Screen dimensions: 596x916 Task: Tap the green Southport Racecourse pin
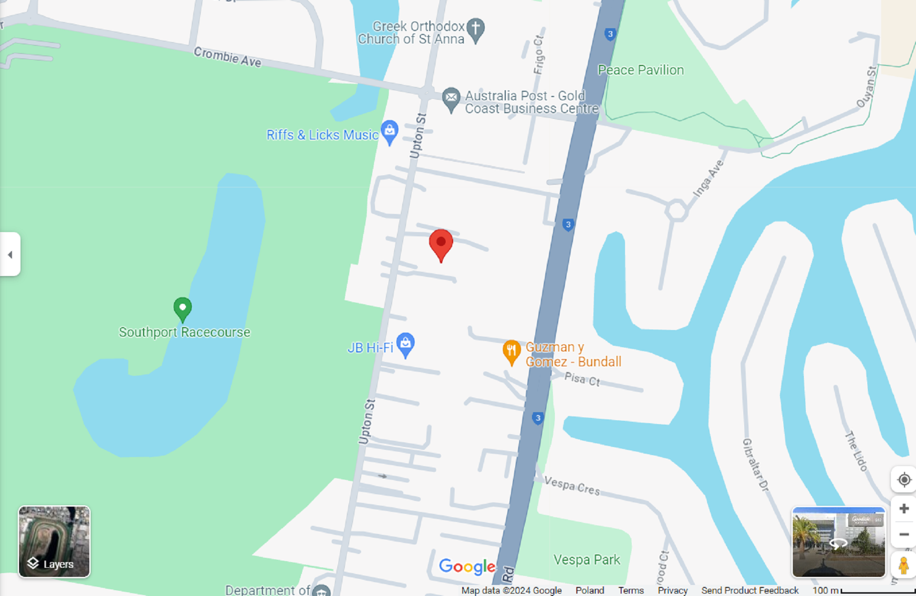click(182, 309)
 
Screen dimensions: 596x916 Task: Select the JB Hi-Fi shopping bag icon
click(405, 344)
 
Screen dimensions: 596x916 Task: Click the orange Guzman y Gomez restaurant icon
click(511, 351)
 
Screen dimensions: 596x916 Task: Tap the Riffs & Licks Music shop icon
click(389, 131)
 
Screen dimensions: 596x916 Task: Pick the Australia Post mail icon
click(451, 98)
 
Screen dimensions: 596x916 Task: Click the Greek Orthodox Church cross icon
click(475, 29)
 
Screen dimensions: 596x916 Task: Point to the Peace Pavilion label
click(640, 70)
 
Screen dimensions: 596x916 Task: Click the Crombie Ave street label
click(228, 57)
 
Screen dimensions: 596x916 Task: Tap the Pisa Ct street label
click(582, 380)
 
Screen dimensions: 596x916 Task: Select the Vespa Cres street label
click(572, 486)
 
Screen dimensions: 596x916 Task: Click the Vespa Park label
click(586, 560)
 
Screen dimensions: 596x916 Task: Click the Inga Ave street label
click(708, 178)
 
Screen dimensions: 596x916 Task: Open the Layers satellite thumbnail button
click(54, 542)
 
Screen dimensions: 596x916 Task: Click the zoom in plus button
click(904, 509)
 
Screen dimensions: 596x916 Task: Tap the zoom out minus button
click(904, 534)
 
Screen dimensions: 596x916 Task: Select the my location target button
click(904, 479)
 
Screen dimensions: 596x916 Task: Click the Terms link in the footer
click(631, 590)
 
